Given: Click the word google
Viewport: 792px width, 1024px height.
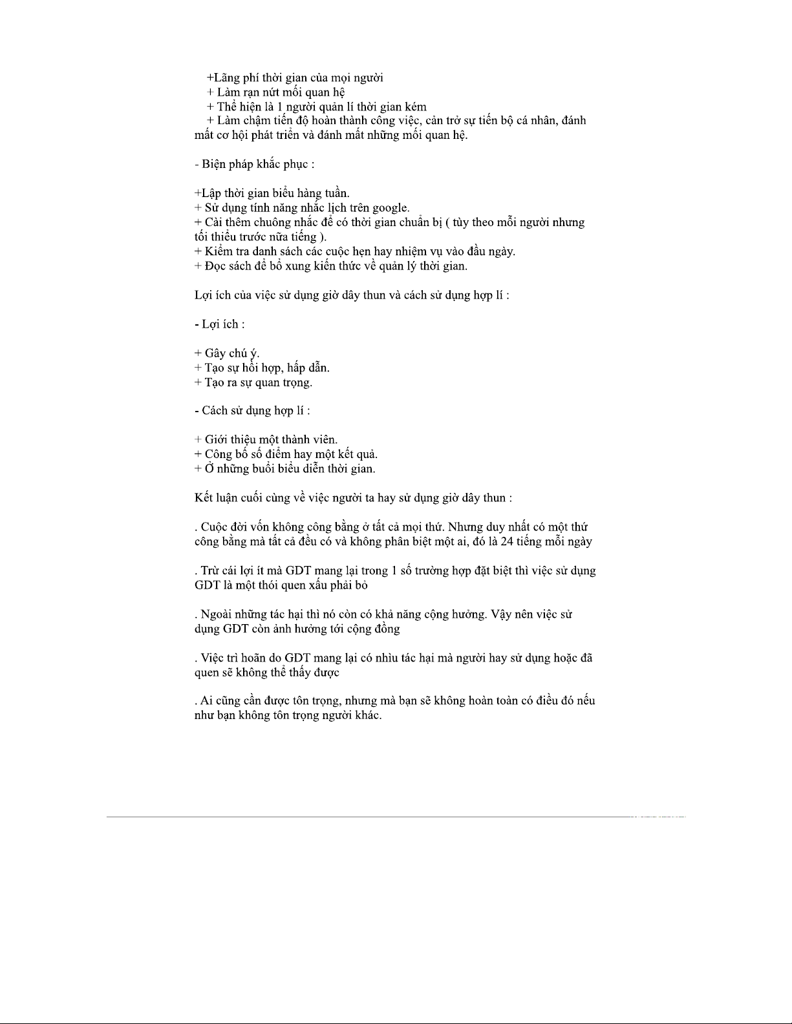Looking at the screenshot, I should (x=390, y=209).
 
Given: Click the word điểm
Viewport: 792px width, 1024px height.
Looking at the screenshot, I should (x=277, y=454).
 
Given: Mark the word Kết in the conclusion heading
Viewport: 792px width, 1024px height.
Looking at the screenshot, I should (x=204, y=498).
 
